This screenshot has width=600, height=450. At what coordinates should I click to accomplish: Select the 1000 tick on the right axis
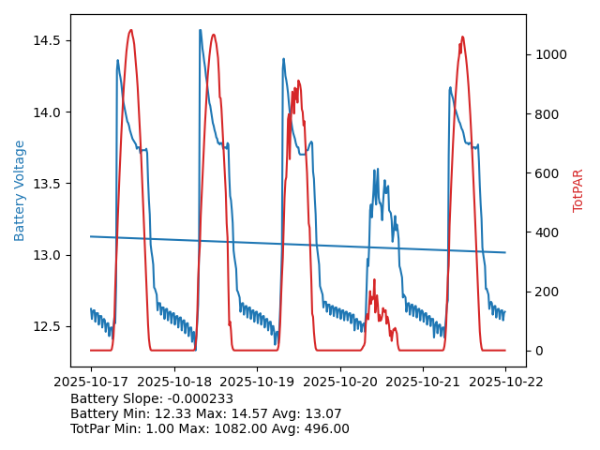click(549, 54)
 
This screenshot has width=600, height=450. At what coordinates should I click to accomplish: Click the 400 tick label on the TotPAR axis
click(544, 232)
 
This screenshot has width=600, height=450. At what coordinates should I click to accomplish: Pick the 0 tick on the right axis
click(537, 351)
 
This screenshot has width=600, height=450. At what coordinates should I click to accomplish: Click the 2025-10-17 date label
click(90, 382)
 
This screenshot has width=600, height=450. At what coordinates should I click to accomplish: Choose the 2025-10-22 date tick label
click(505, 382)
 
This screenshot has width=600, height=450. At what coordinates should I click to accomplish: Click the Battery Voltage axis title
click(20, 190)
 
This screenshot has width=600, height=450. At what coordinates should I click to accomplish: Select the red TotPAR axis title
click(578, 190)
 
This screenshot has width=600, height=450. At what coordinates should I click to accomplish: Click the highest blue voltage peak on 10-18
click(200, 30)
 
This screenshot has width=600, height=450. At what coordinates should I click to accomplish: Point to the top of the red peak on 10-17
click(130, 30)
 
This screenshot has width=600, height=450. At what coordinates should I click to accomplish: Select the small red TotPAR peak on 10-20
click(374, 279)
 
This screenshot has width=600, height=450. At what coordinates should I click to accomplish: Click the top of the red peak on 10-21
click(462, 37)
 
